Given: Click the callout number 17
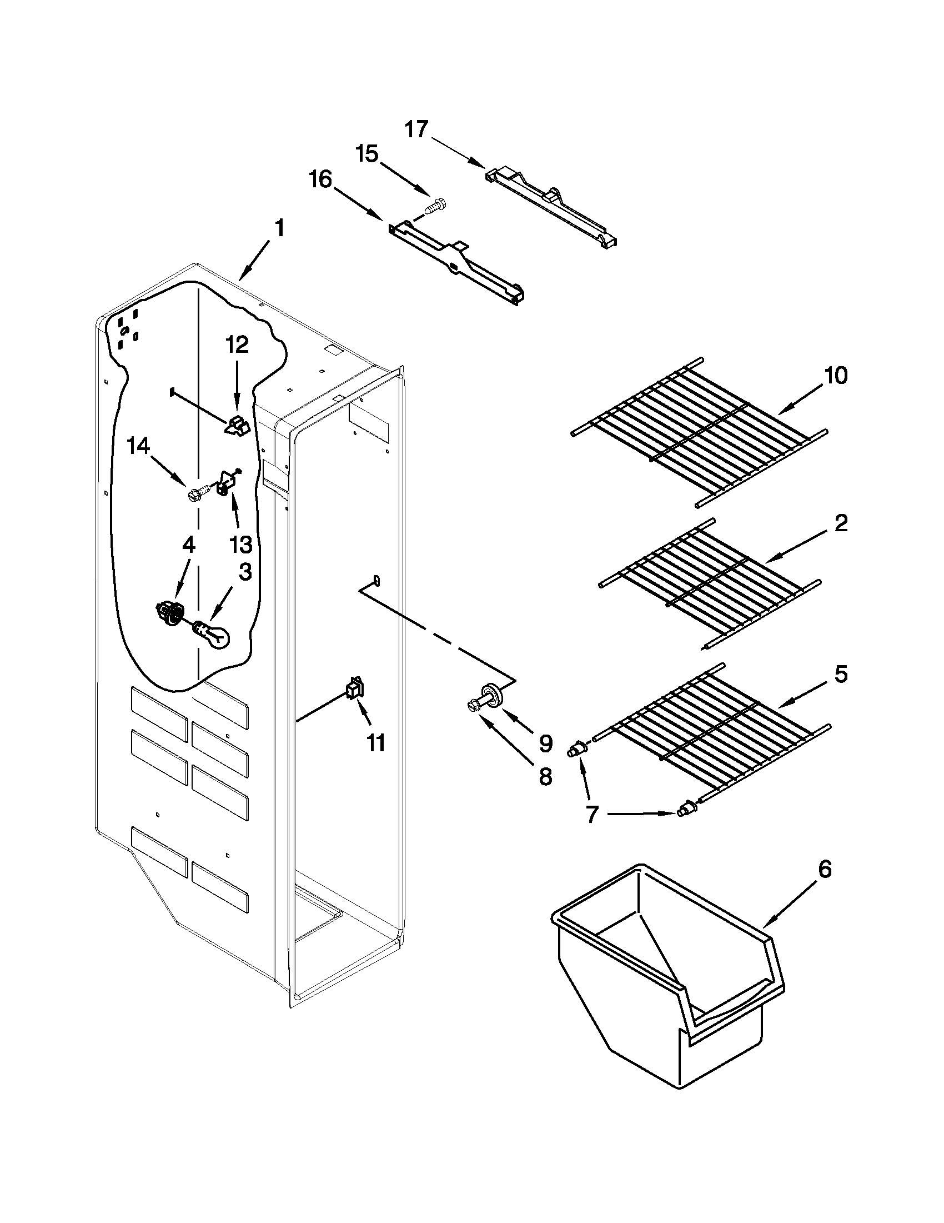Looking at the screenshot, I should pyautogui.click(x=416, y=129).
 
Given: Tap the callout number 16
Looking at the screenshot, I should pyautogui.click(x=320, y=179).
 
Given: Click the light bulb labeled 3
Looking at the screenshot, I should pyautogui.click(x=213, y=635).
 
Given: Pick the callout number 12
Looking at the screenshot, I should pyautogui.click(x=237, y=345).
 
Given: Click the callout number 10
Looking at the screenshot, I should pyautogui.click(x=836, y=376).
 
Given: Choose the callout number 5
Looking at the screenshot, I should pyautogui.click(x=841, y=674).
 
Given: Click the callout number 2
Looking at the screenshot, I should pyautogui.click(x=841, y=523).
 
